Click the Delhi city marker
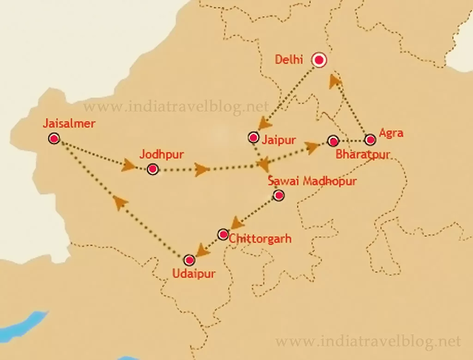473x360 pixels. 319,60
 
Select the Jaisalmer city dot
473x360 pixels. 54,138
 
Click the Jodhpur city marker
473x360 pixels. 153,169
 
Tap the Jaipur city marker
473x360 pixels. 253,137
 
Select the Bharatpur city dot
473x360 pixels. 333,140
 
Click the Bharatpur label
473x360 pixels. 363,154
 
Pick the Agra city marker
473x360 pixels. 370,140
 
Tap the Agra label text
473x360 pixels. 391,133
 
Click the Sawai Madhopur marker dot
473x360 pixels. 279,195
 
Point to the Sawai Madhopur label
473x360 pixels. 312,181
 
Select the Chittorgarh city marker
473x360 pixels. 223,234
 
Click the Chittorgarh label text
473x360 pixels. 260,239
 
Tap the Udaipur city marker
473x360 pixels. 189,260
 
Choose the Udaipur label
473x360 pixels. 194,274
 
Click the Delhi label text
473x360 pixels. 289,60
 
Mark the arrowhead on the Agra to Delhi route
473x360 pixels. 335,81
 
